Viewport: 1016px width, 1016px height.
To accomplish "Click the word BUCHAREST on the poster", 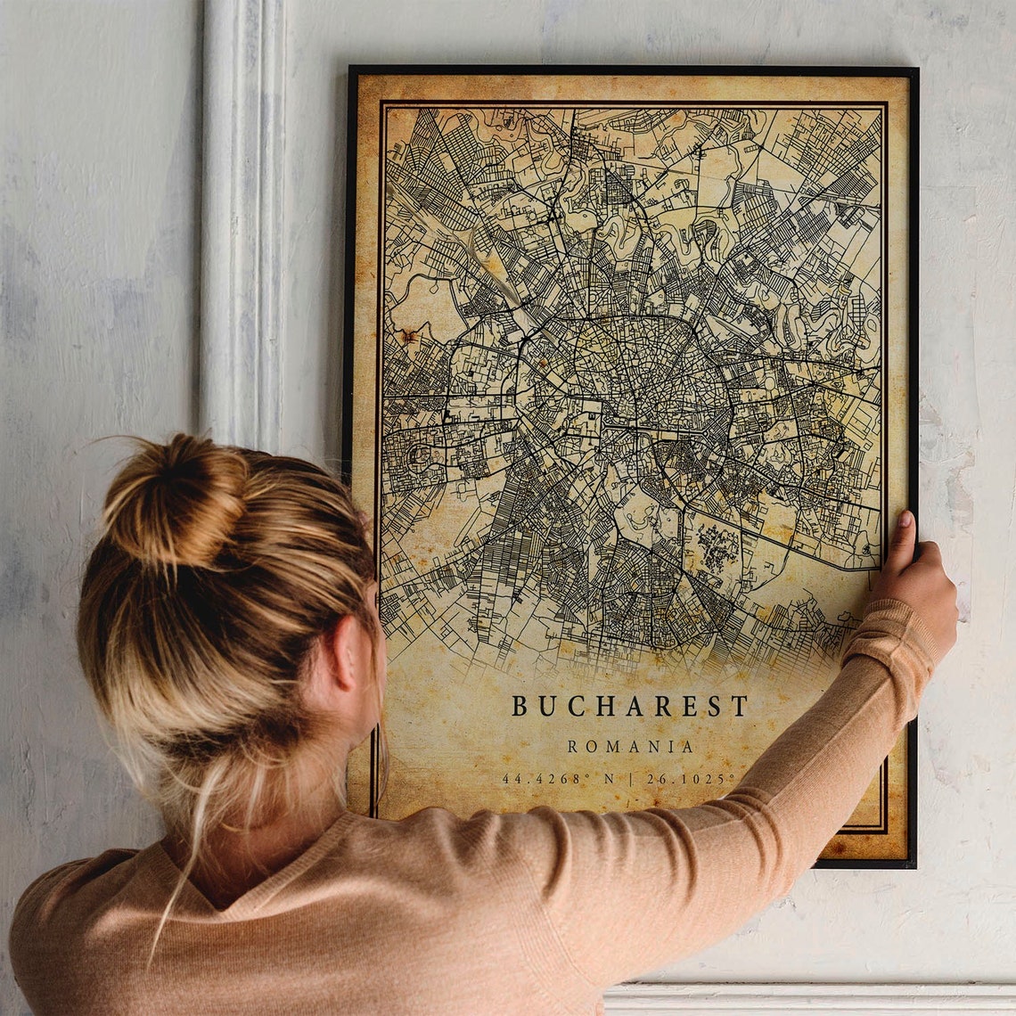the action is tap(629, 706).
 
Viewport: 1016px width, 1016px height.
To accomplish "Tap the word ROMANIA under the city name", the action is tap(630, 747).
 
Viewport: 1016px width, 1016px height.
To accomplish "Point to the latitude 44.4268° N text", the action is tap(558, 779).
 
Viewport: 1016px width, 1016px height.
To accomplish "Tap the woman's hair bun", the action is tap(174, 503).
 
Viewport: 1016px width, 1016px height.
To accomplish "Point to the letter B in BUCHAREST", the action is tap(519, 706).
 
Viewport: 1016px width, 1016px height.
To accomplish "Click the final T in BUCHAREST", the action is tap(739, 706).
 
